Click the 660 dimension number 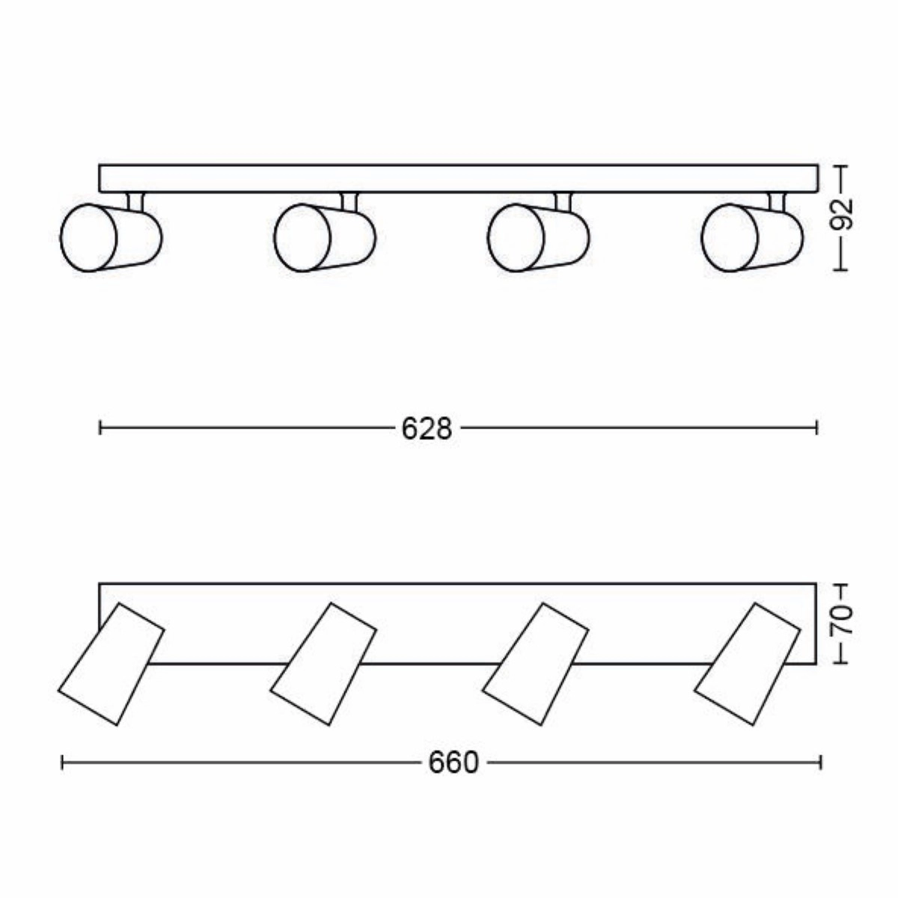coord(453,763)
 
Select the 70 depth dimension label coord(842,620)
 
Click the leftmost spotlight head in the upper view coord(111,238)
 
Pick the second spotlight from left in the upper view coord(325,238)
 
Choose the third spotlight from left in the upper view coord(539,238)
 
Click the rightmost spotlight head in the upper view coord(752,238)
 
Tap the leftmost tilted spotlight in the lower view coord(111,664)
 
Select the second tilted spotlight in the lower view coord(323,664)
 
